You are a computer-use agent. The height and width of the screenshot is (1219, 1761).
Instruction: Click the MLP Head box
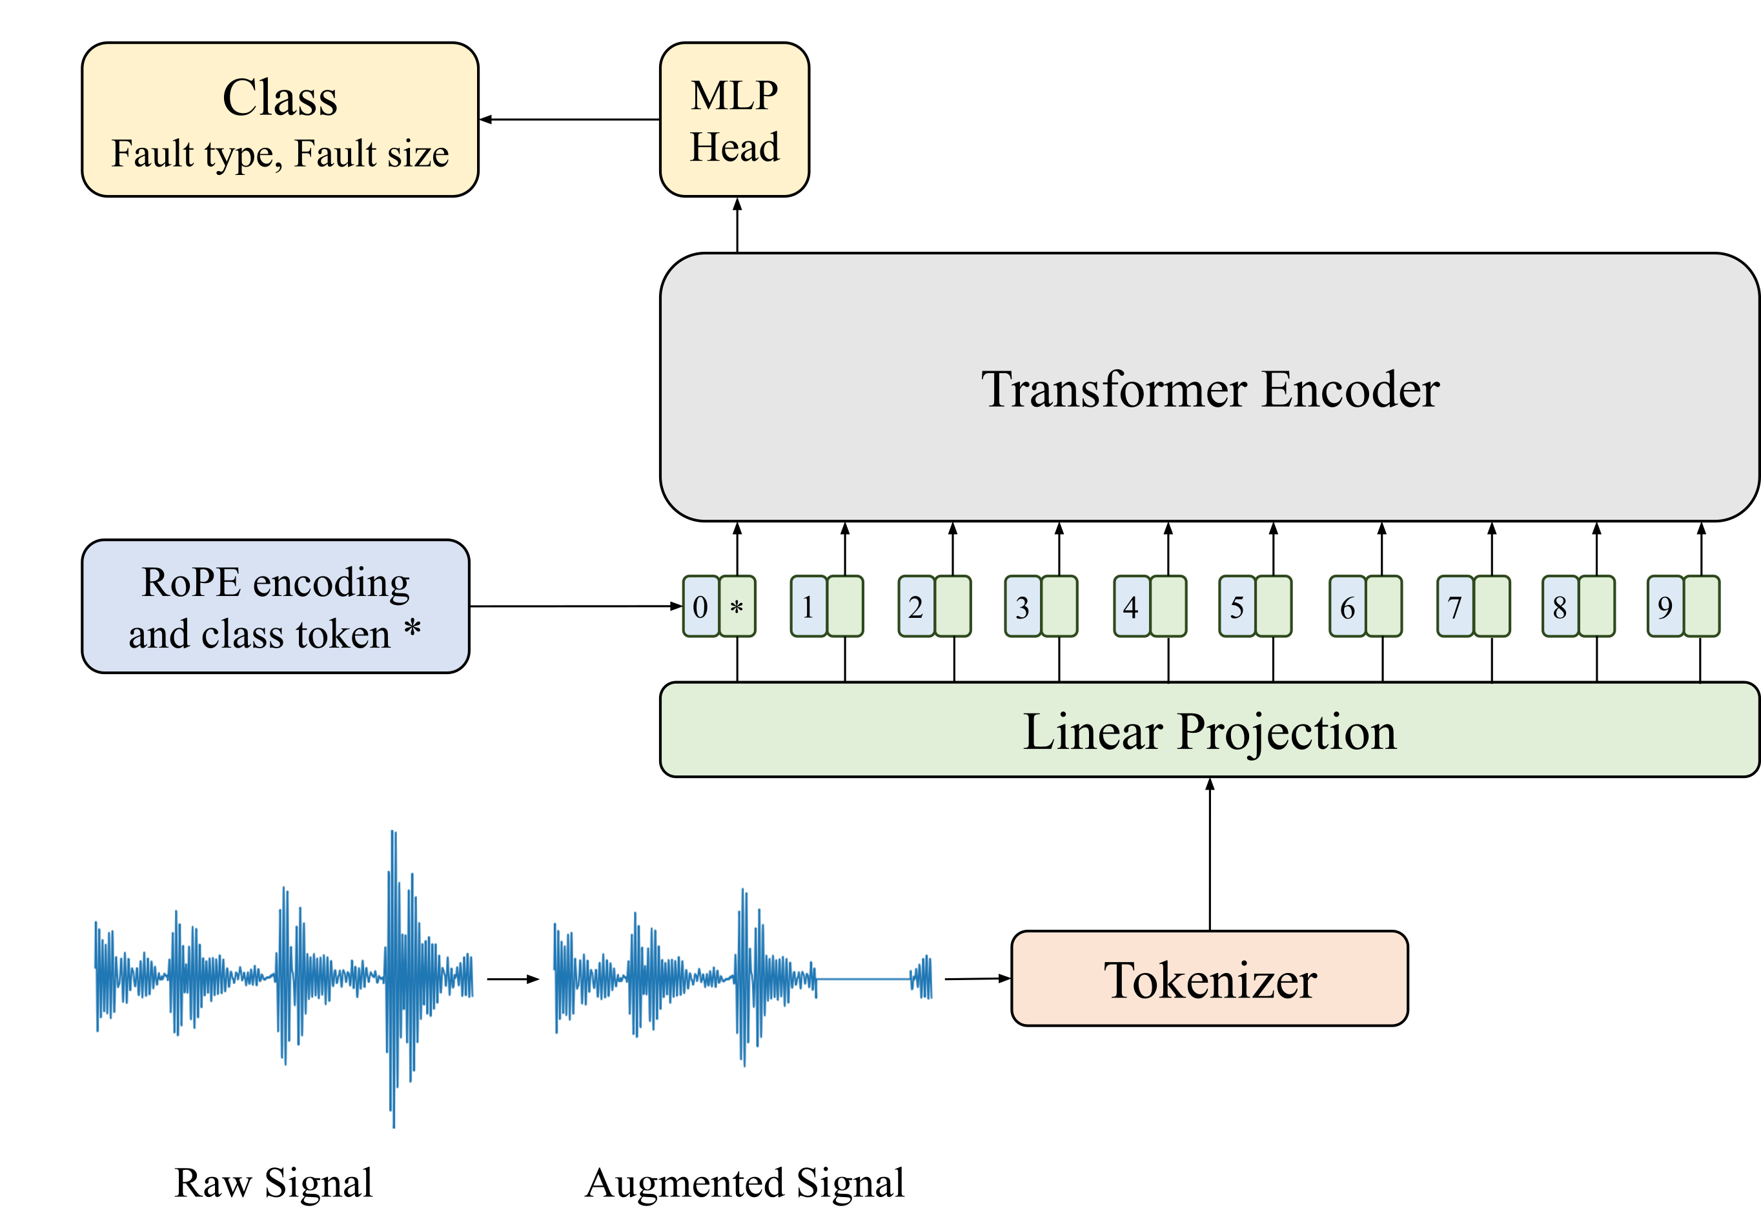734,120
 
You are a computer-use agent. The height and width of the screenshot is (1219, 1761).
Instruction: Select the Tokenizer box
1209,978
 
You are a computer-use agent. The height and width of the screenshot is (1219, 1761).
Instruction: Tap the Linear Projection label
1209,731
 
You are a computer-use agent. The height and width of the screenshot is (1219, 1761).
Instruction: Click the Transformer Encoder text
1210,389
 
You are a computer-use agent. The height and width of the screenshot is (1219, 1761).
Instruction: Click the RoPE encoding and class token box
275,606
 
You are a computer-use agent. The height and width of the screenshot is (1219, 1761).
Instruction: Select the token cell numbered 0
700,607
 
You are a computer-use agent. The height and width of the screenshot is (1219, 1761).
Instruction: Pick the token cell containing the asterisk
737,607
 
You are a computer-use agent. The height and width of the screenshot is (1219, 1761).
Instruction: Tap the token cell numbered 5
1237,607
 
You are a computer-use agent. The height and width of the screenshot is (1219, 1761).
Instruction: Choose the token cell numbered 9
1665,607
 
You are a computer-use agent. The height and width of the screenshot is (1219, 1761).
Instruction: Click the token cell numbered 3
1023,607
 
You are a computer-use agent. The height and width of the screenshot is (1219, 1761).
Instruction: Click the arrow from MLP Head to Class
569,119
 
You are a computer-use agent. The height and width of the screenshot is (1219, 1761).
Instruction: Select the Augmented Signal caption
744,1182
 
